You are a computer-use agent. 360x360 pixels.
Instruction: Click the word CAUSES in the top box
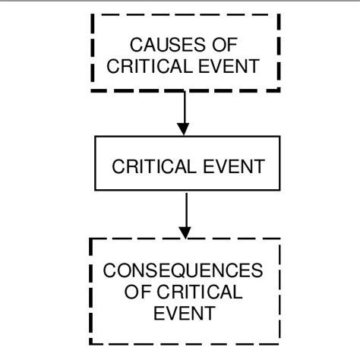tap(167, 45)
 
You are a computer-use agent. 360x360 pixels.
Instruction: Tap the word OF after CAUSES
tap(225, 45)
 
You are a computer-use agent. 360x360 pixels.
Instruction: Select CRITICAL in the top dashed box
tap(150, 66)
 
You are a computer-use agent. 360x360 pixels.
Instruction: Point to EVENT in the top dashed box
tap(229, 66)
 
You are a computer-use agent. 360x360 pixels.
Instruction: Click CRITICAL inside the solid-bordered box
tap(154, 166)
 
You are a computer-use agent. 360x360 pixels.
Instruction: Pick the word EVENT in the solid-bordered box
tap(234, 166)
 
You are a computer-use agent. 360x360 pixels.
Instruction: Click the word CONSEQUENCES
tap(183, 270)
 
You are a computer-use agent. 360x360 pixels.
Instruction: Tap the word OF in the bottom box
tap(137, 292)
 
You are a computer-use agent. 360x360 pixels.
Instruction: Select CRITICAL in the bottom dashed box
tap(200, 292)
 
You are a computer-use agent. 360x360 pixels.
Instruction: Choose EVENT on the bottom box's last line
tap(185, 314)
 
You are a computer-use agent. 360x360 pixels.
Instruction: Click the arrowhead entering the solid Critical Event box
tap(183, 129)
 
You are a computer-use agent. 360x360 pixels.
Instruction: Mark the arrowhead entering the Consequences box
tap(185, 232)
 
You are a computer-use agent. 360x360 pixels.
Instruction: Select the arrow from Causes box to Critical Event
tap(185, 113)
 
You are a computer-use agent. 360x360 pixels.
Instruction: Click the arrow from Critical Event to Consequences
tap(186, 216)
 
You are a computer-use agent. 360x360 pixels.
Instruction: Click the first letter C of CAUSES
tap(137, 45)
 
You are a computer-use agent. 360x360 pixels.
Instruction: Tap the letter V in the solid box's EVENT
tap(223, 166)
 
